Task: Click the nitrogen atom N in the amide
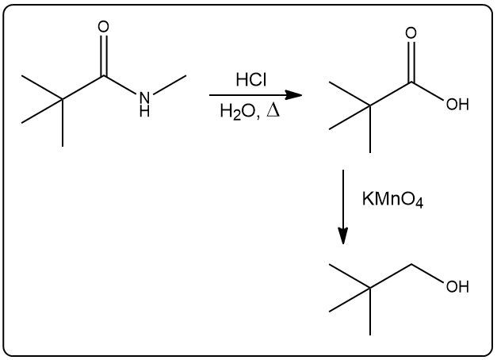pyautogui.click(x=143, y=98)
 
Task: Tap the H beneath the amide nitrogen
pyautogui.click(x=143, y=112)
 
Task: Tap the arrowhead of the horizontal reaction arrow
pyautogui.click(x=294, y=95)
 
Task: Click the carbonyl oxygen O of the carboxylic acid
pyautogui.click(x=410, y=33)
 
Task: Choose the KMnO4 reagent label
pyautogui.click(x=392, y=201)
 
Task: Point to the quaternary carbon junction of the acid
pyautogui.click(x=370, y=104)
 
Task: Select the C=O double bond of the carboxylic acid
pyautogui.click(x=410, y=60)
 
